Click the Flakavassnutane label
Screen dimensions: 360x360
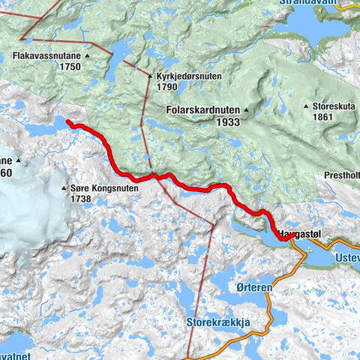pyautogui.click(x=47, y=55)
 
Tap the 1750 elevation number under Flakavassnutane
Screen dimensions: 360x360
pyautogui.click(x=67, y=67)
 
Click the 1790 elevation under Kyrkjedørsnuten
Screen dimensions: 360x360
pyautogui.click(x=167, y=87)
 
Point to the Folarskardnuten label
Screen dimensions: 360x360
pyautogui.click(x=202, y=109)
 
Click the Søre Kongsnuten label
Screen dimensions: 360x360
pyautogui.click(x=103, y=189)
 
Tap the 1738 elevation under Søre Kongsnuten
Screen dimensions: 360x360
pyautogui.click(x=81, y=199)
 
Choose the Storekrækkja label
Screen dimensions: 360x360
pyautogui.click(x=217, y=323)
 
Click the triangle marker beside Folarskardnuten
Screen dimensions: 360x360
pyautogui.click(x=245, y=109)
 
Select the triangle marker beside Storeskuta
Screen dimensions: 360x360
pyautogui.click(x=307, y=106)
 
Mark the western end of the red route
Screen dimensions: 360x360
pyautogui.click(x=67, y=122)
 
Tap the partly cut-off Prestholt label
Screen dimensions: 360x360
pyautogui.click(x=341, y=176)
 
